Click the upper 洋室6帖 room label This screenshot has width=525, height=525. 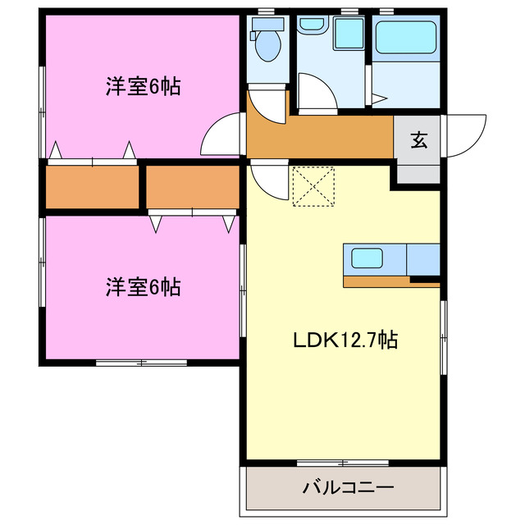[142, 85]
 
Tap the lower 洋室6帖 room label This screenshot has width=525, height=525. [142, 287]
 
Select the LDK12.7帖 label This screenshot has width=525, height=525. [345, 340]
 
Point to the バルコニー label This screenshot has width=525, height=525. [349, 487]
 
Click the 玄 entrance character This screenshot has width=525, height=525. [418, 139]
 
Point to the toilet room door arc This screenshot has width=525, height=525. [267, 102]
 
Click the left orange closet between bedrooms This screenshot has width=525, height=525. [92, 187]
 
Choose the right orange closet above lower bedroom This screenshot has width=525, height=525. [194, 187]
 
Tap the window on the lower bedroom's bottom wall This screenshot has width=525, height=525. [139, 363]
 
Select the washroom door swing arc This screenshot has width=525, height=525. [316, 93]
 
